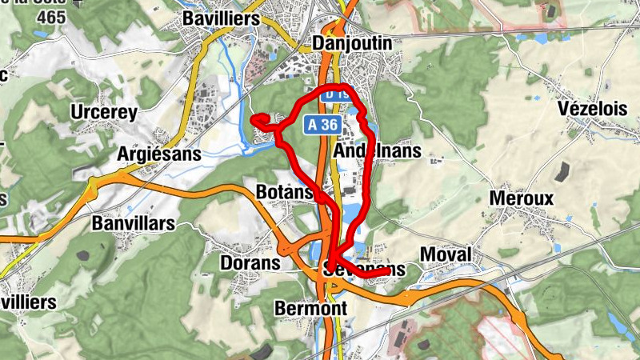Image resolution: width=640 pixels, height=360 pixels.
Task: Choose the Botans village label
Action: pos(283,192)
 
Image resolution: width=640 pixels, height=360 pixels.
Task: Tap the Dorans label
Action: pos(250,262)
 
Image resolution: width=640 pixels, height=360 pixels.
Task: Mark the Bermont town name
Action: pos(310,308)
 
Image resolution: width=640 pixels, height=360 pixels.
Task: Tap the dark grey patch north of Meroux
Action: pos(563,170)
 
